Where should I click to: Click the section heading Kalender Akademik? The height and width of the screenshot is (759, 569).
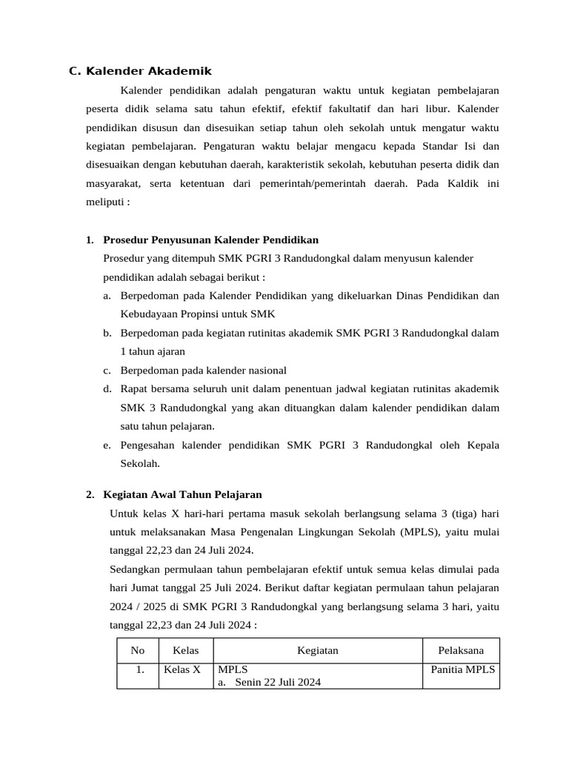tap(148, 71)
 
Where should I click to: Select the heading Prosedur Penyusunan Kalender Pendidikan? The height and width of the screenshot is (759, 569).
tap(210, 239)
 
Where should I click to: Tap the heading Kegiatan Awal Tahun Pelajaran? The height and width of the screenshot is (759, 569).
tap(182, 494)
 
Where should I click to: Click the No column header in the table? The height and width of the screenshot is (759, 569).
tap(137, 650)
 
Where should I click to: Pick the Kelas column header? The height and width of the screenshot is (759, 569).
tap(185, 650)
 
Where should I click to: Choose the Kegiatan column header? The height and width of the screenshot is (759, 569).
tap(317, 650)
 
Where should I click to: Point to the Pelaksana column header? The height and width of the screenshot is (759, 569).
tap(460, 650)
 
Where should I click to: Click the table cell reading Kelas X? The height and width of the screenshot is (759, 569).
tap(182, 669)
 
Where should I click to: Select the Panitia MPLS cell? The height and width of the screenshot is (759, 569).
tap(465, 669)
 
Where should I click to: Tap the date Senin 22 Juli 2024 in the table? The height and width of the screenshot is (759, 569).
tap(278, 683)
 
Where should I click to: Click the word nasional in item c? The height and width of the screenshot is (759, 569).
tap(265, 370)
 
